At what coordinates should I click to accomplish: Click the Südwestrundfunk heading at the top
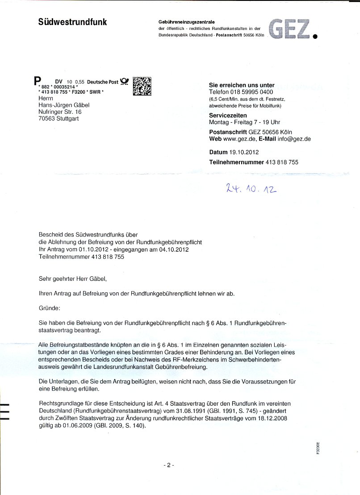click(x=72, y=22)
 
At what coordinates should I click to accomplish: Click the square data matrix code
click(x=142, y=86)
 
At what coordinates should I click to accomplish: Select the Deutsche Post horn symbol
click(x=125, y=82)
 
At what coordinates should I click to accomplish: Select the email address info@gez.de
click(x=294, y=139)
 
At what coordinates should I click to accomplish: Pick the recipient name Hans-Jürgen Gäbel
click(x=64, y=105)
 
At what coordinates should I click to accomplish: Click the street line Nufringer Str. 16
click(x=60, y=112)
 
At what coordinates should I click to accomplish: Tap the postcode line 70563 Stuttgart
click(x=59, y=119)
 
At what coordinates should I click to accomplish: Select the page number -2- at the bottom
click(x=168, y=465)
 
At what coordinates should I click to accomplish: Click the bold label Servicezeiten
click(x=229, y=115)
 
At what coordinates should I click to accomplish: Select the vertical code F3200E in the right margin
click(x=318, y=448)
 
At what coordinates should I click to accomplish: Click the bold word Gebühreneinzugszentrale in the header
click(x=187, y=22)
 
